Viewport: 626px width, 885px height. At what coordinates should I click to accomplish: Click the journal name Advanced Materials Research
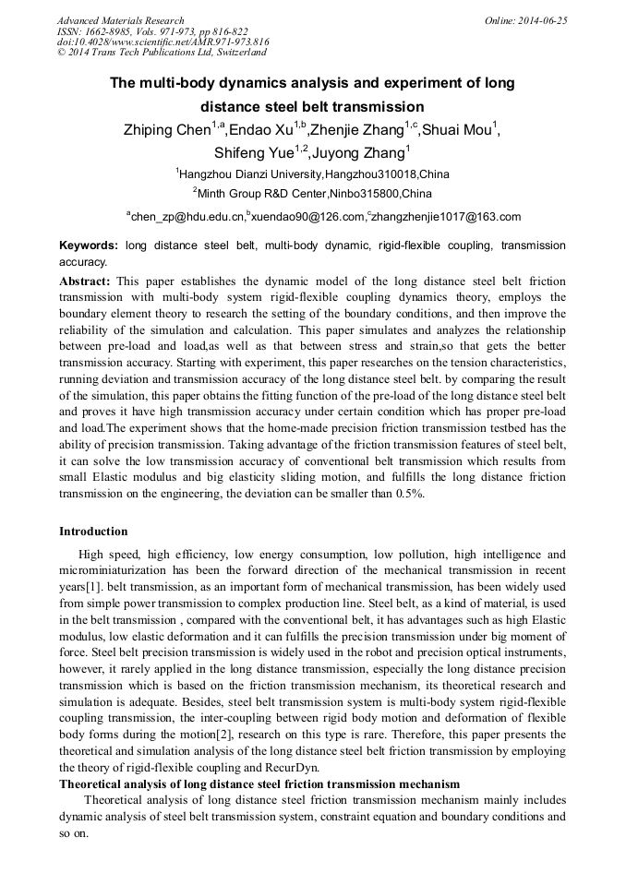[120, 20]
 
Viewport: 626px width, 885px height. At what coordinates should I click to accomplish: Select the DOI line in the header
[163, 42]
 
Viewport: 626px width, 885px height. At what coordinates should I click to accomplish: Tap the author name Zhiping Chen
[165, 130]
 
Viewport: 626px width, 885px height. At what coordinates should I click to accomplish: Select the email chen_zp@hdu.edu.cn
[187, 217]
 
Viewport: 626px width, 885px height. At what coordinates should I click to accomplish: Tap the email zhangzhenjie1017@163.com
[446, 217]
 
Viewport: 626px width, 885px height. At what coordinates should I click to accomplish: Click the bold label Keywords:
[89, 246]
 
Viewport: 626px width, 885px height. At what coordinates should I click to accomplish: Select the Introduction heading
[93, 532]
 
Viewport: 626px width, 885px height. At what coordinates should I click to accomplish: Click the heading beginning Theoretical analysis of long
[259, 783]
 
